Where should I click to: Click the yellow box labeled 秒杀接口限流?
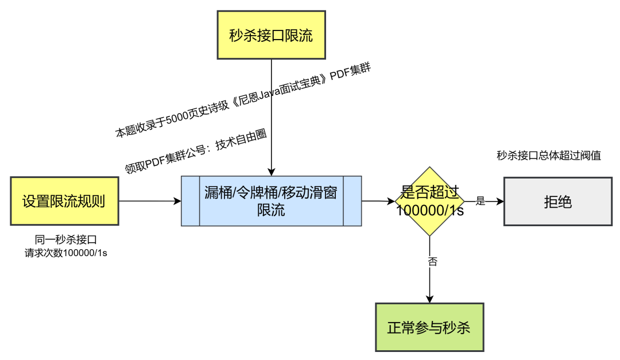pyautogui.click(x=271, y=35)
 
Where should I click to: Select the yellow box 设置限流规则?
pyautogui.click(x=64, y=201)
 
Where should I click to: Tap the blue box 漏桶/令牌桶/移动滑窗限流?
pyautogui.click(x=271, y=201)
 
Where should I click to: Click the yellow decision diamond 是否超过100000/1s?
pyautogui.click(x=429, y=201)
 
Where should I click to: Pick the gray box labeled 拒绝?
pyautogui.click(x=557, y=202)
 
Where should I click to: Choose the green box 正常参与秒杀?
pyautogui.click(x=429, y=327)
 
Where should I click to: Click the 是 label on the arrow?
pyautogui.click(x=481, y=201)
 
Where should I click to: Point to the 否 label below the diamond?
pyautogui.click(x=433, y=261)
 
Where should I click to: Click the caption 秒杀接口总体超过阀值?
pyautogui.click(x=549, y=155)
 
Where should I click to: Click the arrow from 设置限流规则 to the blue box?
pyautogui.click(x=149, y=201)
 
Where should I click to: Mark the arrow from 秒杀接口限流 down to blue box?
pyautogui.click(x=272, y=115)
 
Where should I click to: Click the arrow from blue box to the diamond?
pyautogui.click(x=378, y=201)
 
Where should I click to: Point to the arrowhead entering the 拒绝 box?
pyautogui.click(x=501, y=202)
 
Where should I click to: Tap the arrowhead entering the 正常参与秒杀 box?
pyautogui.click(x=429, y=299)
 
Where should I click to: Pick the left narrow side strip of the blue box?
pyautogui.click(x=191, y=201)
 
